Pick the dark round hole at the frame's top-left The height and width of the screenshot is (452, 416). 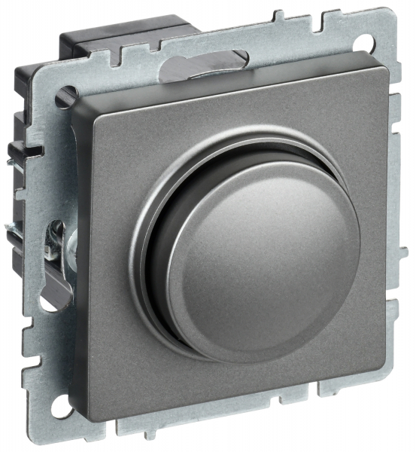pyautogui.click(x=64, y=96)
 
